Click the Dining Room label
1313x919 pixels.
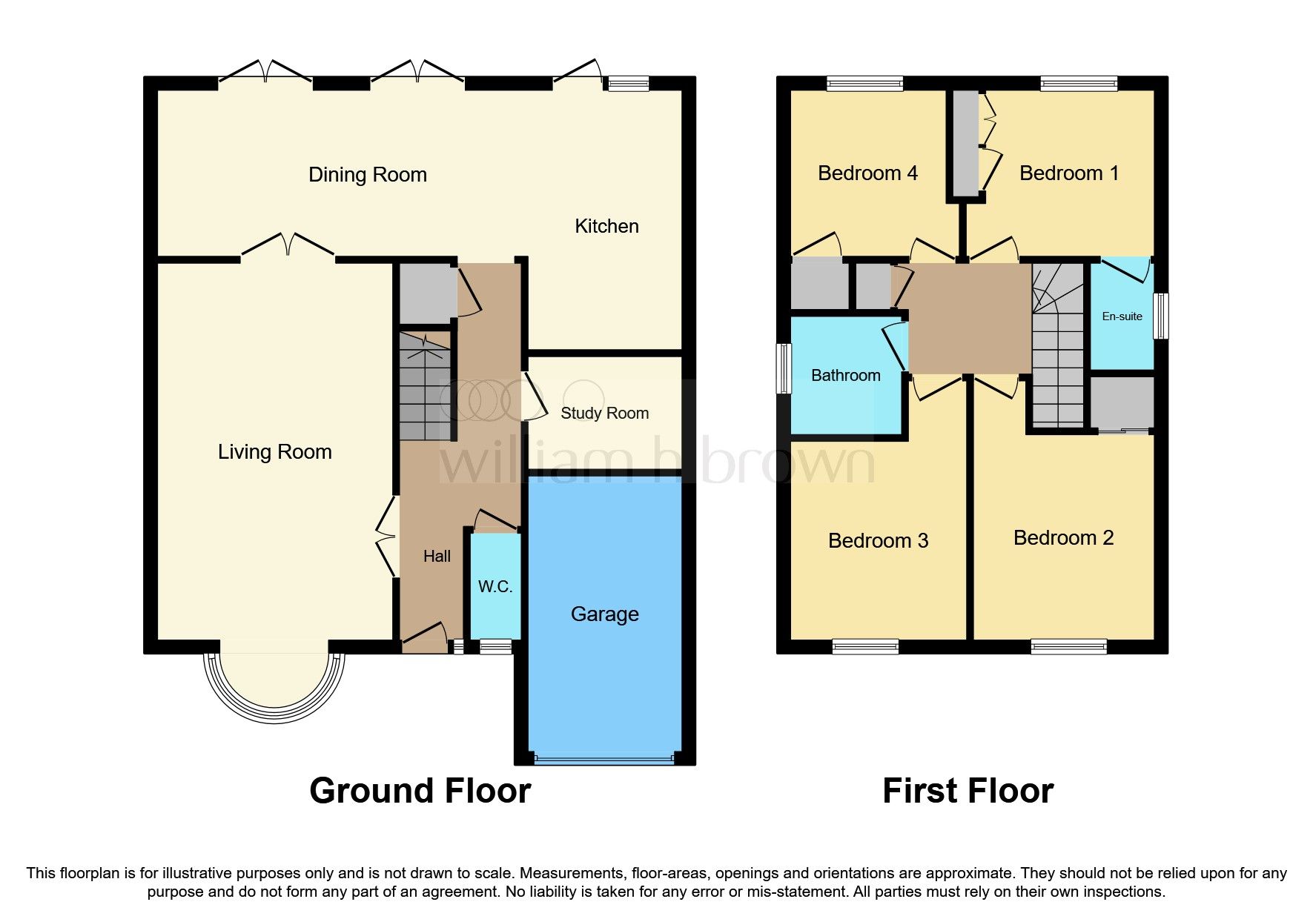(x=367, y=175)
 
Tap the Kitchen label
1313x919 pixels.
(x=606, y=226)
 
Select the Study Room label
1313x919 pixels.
(x=604, y=414)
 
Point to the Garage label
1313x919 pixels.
(x=604, y=614)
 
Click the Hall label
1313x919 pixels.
(x=437, y=556)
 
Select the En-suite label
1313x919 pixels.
(x=1122, y=316)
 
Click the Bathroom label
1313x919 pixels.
(x=845, y=375)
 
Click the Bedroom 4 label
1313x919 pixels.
(x=867, y=173)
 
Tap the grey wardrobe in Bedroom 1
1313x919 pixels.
(x=965, y=143)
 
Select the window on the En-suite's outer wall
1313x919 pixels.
(x=1163, y=316)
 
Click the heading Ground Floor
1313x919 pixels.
(x=420, y=791)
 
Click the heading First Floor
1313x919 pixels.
(x=968, y=791)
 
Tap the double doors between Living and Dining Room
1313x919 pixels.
(x=288, y=248)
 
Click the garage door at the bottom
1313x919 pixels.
(x=604, y=759)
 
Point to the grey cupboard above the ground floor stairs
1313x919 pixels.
(x=426, y=293)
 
